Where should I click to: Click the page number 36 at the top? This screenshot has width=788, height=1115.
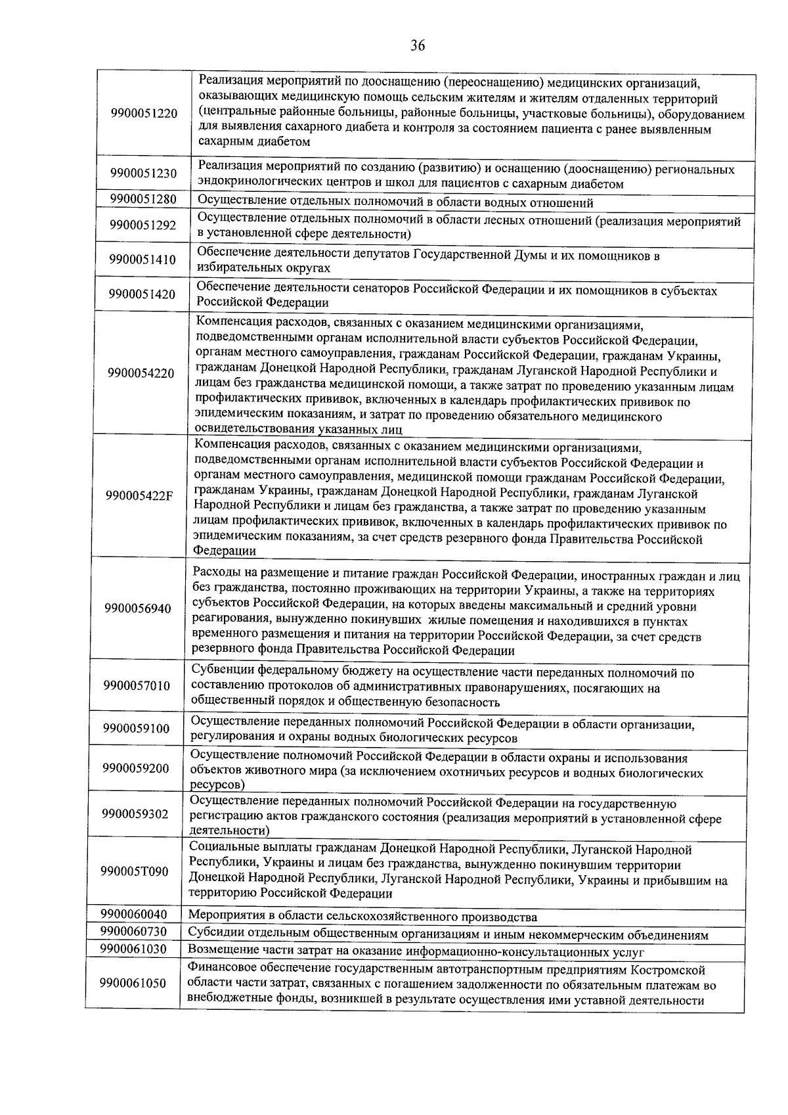pos(418,45)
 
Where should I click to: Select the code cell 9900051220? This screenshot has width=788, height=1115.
pos(144,113)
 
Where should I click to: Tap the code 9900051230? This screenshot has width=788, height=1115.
pos(143,173)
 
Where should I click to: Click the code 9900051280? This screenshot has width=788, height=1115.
pos(143,199)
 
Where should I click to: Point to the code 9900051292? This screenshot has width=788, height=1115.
pos(143,225)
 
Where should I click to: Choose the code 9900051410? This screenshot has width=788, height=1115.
pos(143,260)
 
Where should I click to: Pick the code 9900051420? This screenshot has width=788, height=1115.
pos(142,294)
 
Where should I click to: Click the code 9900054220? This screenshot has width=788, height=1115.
pos(142,373)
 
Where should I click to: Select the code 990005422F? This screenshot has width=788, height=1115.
pos(139,495)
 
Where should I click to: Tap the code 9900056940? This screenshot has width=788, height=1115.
pos(138,608)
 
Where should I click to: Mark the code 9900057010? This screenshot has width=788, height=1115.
pos(137,685)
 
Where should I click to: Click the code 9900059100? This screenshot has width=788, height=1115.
pos(136,728)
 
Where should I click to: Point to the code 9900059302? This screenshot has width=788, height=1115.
pos(135,814)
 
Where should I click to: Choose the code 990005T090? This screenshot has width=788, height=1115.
pos(135,871)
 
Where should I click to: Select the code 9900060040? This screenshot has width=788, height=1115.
pos(134,914)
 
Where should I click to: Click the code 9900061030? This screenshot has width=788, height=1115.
pos(133,949)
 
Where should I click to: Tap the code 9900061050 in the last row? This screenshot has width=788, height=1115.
pos(133,983)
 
